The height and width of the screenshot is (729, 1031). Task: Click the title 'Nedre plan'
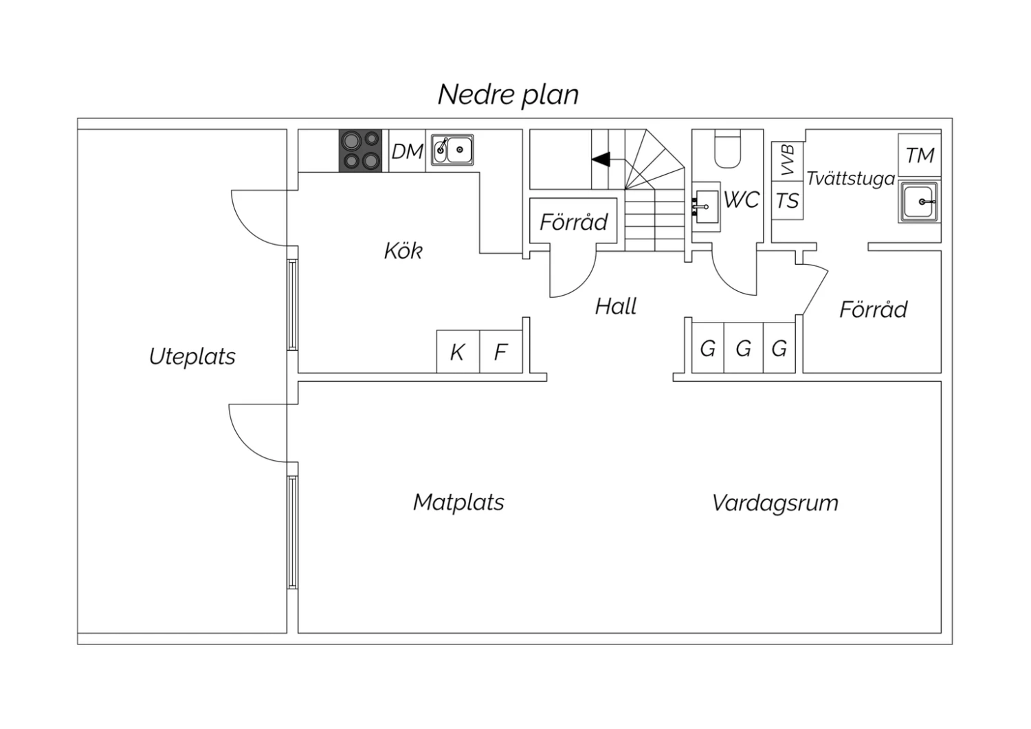point(508,94)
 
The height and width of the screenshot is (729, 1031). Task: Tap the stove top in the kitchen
point(361,151)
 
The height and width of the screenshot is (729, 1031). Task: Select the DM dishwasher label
point(407,151)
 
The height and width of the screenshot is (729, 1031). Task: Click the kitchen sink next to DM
point(452,150)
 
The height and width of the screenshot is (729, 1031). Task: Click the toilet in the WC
point(727,151)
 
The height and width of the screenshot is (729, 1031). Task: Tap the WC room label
point(741,200)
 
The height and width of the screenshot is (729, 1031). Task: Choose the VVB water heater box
point(788,161)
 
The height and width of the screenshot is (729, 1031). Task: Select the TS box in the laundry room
point(787,201)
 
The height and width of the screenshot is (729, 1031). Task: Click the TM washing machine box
point(920,155)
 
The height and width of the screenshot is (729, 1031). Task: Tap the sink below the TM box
point(919,202)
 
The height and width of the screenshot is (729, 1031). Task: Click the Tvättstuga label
point(850,179)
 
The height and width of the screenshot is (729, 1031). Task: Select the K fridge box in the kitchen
point(457,352)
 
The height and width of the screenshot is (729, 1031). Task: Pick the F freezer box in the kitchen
point(500,352)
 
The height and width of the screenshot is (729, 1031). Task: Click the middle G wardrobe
point(743,349)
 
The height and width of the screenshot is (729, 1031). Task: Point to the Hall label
point(616,306)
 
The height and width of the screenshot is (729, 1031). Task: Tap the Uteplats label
point(192,356)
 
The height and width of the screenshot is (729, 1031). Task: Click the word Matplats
point(458,502)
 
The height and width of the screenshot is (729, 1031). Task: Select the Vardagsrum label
point(775,503)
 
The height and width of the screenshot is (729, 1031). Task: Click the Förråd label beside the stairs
point(573,222)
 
